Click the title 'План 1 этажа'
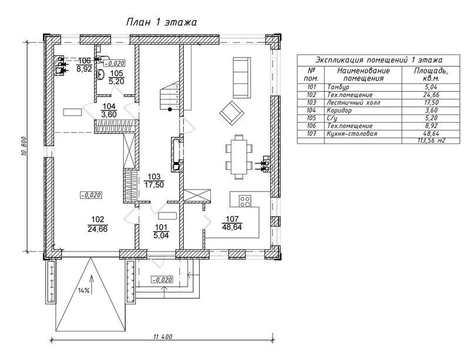[162, 22]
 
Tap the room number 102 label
[98, 220]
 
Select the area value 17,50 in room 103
[154, 184]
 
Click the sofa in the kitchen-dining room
[241, 78]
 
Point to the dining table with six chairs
[239, 157]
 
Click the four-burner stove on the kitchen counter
[245, 201]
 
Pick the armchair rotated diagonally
[231, 113]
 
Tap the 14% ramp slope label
[84, 291]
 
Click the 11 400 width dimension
[163, 337]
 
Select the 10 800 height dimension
[24, 147]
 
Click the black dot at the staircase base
[170, 109]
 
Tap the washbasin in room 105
[100, 74]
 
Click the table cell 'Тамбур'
[338, 87]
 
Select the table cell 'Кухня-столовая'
[352, 133]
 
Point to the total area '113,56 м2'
[431, 140]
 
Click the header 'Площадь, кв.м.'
[431, 75]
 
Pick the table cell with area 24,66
[431, 95]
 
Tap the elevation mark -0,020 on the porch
[162, 280]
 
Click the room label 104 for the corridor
[109, 106]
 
